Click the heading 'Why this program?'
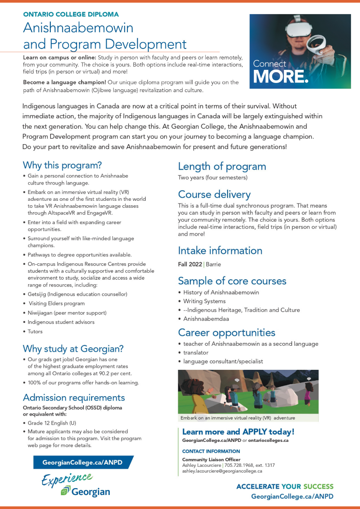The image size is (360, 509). tap(62, 165)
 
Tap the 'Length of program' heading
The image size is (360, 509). tap(222, 166)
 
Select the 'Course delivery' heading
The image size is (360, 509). tap(214, 194)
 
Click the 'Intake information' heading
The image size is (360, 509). tap(220, 251)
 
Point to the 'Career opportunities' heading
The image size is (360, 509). tap(226, 333)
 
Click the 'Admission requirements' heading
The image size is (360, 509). tap(74, 398)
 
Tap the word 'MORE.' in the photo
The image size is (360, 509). tap(281, 77)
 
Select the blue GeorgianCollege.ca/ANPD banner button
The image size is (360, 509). tap(78, 463)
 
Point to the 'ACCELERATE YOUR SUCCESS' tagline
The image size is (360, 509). tap(285, 486)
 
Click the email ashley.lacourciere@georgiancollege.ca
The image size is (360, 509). tap(222, 471)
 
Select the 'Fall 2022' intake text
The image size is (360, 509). tap(190, 264)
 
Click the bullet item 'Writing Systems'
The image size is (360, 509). tap(204, 301)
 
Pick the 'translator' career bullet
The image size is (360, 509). tap(196, 352)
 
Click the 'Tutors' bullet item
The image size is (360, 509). tap(35, 331)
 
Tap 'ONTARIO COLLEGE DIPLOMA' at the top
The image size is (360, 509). tap(71, 15)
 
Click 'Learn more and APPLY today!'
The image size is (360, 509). tap(238, 432)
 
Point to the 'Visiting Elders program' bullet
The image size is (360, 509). tap(57, 304)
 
